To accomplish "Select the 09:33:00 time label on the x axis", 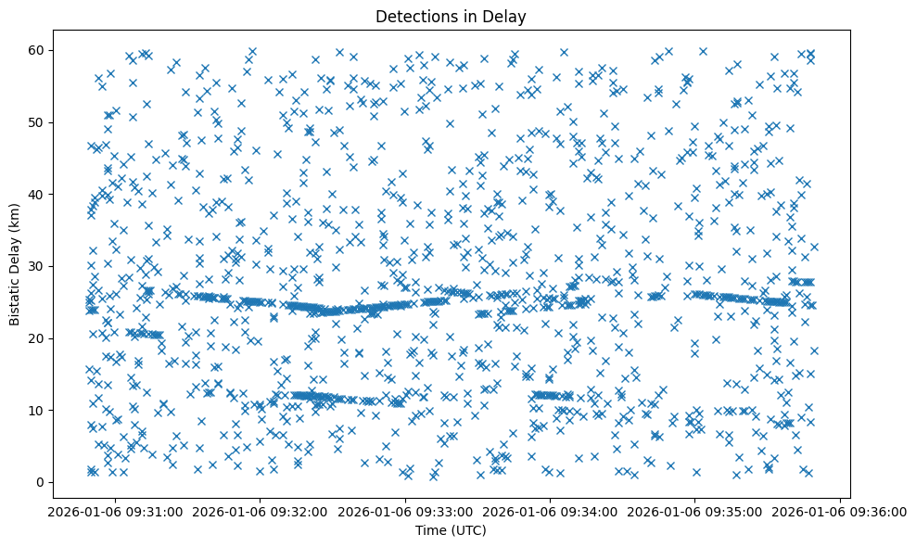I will pos(405,511).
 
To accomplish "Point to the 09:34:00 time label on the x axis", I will pos(551,511).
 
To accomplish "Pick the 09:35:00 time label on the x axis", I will pos(696,511).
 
